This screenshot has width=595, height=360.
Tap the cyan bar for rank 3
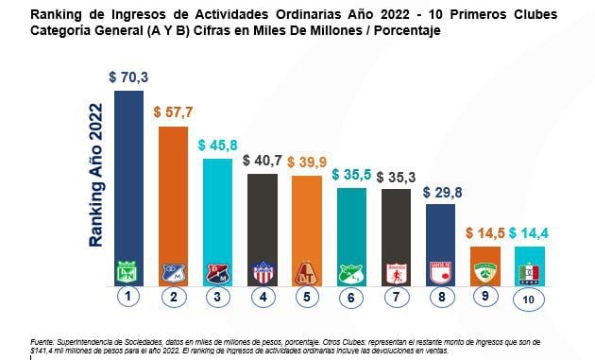click(x=217, y=213)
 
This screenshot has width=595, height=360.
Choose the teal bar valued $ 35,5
click(x=351, y=227)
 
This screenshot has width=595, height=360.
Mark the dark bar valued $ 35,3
click(x=396, y=227)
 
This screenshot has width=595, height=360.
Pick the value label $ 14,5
click(x=484, y=233)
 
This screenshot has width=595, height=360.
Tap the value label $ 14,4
click(x=529, y=233)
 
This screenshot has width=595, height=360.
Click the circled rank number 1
click(x=128, y=298)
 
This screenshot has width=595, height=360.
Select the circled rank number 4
click(x=263, y=298)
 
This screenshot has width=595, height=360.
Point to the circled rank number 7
click(x=397, y=298)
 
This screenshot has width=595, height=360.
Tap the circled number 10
click(x=529, y=299)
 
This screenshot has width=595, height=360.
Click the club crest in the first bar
click(x=128, y=273)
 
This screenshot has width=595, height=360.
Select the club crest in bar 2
click(x=173, y=273)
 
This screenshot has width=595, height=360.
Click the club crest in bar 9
click(x=484, y=273)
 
